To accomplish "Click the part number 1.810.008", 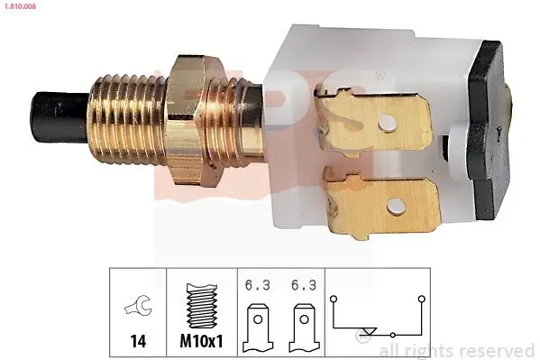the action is [x=20, y=6].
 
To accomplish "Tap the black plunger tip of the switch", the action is [x=59, y=117].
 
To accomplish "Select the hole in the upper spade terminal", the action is [x=388, y=124].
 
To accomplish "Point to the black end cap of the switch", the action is [x=490, y=130].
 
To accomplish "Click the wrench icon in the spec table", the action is [x=138, y=305].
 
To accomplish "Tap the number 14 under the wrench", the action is [x=138, y=341].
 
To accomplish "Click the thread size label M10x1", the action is [x=201, y=341].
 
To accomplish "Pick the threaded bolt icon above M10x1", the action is [x=202, y=306].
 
